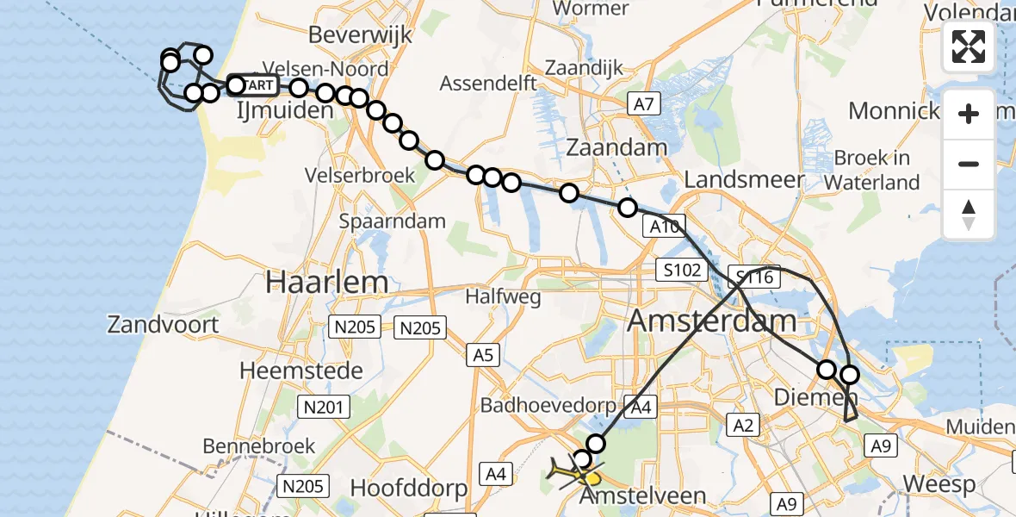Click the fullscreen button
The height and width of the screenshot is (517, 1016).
[x=969, y=47]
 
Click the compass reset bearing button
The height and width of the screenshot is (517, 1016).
[x=969, y=215]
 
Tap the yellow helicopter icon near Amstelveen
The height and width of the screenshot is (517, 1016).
[x=575, y=472]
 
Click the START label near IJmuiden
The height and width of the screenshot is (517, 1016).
[x=257, y=85]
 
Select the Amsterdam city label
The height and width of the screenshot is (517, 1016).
[x=712, y=321]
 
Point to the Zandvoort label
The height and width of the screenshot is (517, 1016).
[x=163, y=325]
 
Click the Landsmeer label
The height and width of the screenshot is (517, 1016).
[x=744, y=180]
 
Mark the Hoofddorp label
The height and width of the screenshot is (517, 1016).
[x=410, y=488]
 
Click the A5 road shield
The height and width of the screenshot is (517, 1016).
[x=483, y=353]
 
